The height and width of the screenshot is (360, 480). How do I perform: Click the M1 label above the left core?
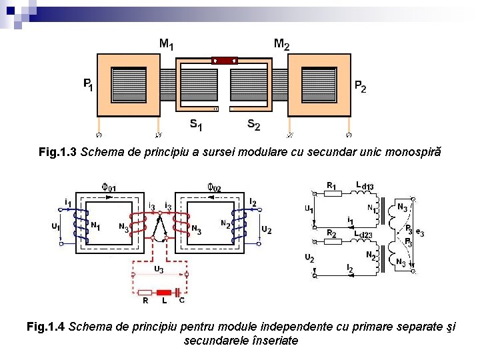coord(167,45)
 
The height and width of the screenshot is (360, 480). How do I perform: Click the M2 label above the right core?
coord(281,45)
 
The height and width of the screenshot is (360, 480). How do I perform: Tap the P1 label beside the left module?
coord(88,85)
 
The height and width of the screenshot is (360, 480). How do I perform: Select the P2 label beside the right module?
coord(359,87)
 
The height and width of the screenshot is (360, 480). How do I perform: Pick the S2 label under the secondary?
coord(253,124)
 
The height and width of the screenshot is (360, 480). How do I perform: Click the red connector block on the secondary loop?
coord(225,60)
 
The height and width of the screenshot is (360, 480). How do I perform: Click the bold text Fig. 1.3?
coord(58,152)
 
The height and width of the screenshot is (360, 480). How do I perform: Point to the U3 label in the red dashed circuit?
coord(158,269)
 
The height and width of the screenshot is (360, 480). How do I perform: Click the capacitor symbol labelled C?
coord(178,291)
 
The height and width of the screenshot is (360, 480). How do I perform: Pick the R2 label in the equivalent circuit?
coord(331,233)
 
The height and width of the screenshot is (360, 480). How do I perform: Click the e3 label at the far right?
coord(419,232)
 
